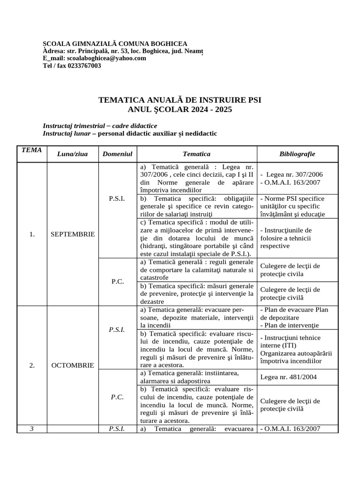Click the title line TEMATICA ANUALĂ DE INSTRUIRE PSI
tap(180, 100)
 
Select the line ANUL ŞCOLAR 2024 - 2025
tap(180, 109)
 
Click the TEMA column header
tap(32, 150)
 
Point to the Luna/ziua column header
tap(72, 154)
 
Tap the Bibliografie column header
tap(297, 154)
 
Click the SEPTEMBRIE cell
tap(72, 234)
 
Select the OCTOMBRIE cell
tap(72, 365)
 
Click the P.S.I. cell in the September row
tap(117, 199)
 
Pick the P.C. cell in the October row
tap(117, 397)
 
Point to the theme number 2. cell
tap(32, 365)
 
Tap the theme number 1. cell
tap(32, 234)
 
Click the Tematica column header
tap(196, 154)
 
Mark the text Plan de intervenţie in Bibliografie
tap(291, 325)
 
